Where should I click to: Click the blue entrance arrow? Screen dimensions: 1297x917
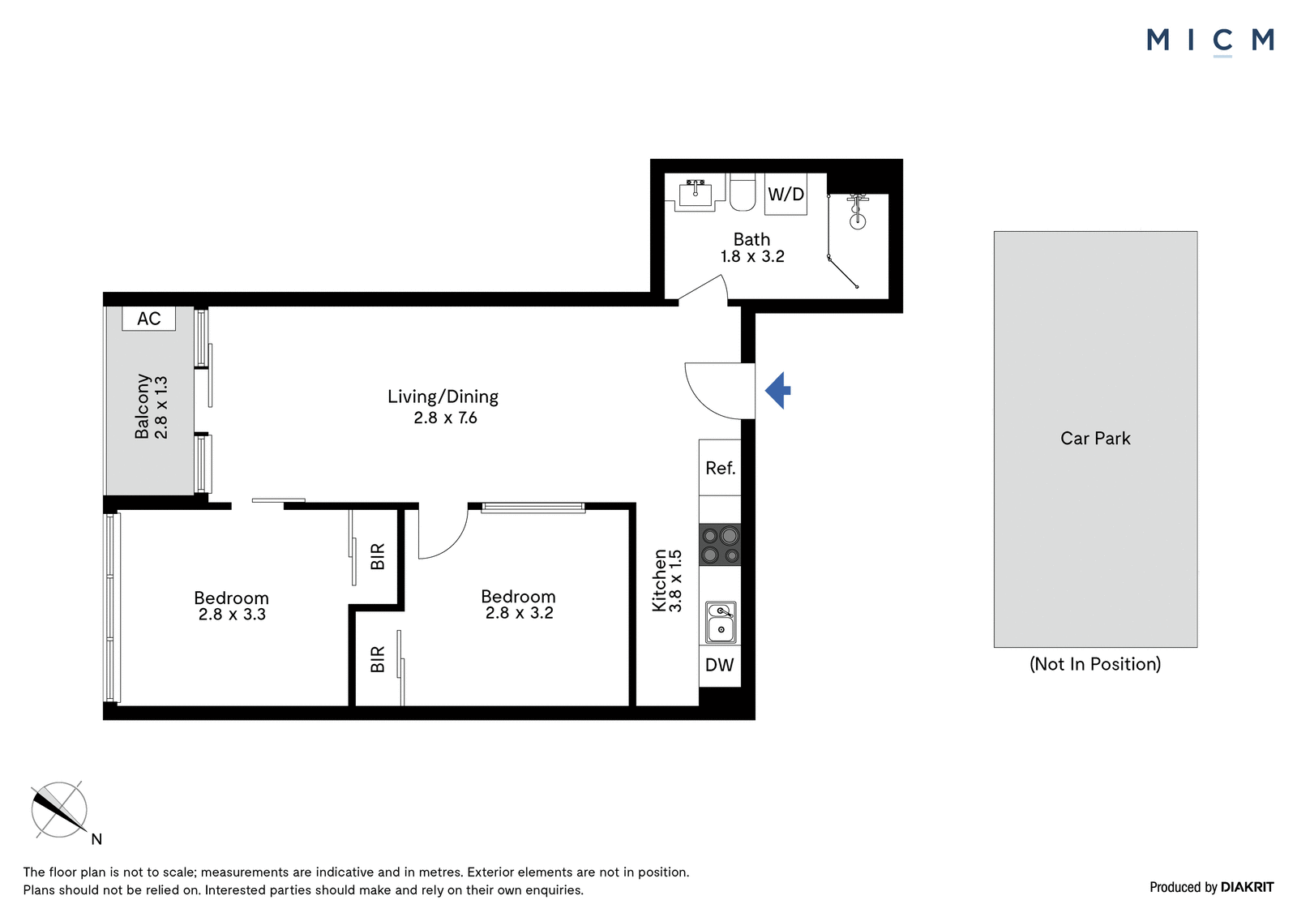(x=778, y=391)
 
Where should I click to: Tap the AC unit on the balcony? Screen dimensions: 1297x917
(x=149, y=319)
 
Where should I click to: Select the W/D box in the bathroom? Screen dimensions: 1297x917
(x=785, y=194)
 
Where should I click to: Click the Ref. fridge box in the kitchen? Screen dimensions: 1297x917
(x=720, y=468)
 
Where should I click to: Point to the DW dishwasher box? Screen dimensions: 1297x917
(x=720, y=666)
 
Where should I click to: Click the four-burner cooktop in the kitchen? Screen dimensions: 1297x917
(x=721, y=545)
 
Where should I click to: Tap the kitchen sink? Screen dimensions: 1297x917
(x=721, y=622)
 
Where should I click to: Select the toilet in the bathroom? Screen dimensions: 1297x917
(x=743, y=192)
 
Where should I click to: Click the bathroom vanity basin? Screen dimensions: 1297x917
(x=695, y=193)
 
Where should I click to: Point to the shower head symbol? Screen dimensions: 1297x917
(x=858, y=212)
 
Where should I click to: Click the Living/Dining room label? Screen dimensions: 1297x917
(x=443, y=396)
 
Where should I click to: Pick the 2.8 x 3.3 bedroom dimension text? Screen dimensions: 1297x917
(x=232, y=614)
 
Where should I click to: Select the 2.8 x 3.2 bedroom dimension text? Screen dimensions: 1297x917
(x=520, y=613)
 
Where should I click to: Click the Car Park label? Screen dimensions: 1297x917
(x=1095, y=439)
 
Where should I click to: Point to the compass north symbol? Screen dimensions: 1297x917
(x=59, y=809)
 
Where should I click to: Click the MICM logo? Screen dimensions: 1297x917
(x=1210, y=41)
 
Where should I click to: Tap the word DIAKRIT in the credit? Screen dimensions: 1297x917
(x=1248, y=888)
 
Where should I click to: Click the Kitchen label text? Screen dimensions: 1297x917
(x=660, y=581)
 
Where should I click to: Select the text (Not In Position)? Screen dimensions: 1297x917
(x=1095, y=664)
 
